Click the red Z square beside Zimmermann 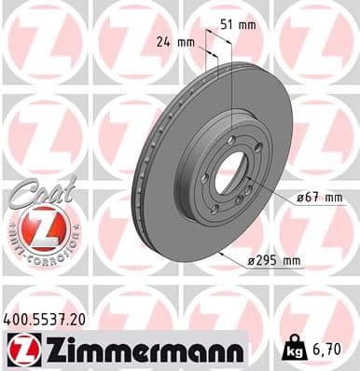click(x=19, y=349)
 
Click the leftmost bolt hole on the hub click(x=203, y=177)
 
